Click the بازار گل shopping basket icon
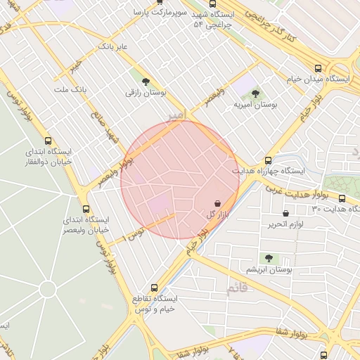pos(216,202)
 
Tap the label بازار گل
pos(215,214)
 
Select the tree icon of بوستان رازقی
pos(146,82)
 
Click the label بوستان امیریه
pos(256,104)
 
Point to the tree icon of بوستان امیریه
pos(255,93)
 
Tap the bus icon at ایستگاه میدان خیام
pos(319,69)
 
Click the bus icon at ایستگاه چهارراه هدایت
pos(268,160)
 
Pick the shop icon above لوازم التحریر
pos(285,213)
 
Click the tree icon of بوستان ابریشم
pos(268,258)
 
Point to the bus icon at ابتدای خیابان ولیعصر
pos(86,209)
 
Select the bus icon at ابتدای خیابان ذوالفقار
pos(48,141)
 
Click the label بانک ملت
pos(69,91)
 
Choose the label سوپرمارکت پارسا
pos(163,13)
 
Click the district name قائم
pos(238,288)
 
